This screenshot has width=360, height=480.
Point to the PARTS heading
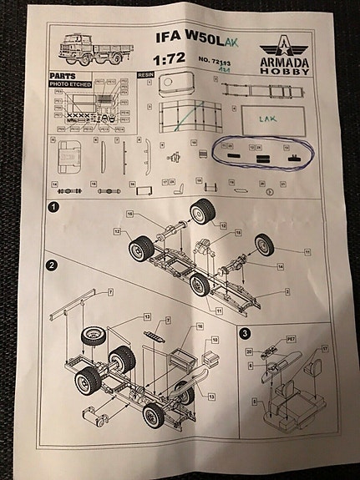pyautogui.click(x=64, y=74)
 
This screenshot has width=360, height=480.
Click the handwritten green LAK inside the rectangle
pyautogui.click(x=270, y=119)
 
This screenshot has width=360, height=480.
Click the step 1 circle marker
pyautogui.click(x=53, y=206)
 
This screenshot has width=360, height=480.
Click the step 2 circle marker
pyautogui.click(x=52, y=265)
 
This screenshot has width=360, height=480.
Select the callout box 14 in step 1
pyautogui.click(x=280, y=265)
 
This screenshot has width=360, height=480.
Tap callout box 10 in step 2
pyautogui.click(x=214, y=341)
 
